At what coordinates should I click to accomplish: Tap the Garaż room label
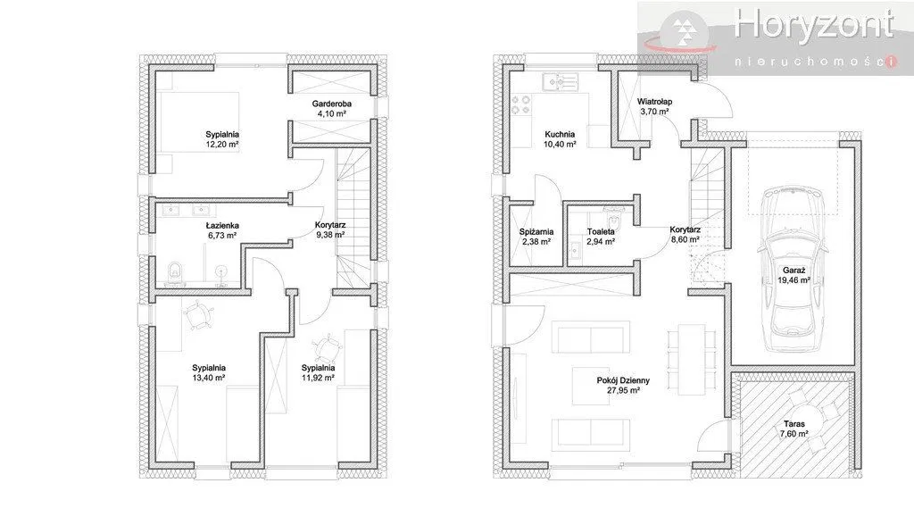click(x=794, y=270)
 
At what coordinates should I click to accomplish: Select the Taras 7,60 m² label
click(x=794, y=429)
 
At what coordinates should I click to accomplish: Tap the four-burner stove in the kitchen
click(x=520, y=105)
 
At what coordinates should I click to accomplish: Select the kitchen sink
click(x=559, y=82)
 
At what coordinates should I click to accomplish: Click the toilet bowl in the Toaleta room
click(x=612, y=220)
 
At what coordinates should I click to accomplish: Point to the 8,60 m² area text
click(x=685, y=239)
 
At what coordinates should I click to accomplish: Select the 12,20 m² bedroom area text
click(x=222, y=144)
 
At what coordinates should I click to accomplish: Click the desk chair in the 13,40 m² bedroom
click(x=197, y=315)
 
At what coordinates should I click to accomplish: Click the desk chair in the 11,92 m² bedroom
click(x=328, y=347)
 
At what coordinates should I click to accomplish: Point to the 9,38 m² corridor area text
click(x=330, y=235)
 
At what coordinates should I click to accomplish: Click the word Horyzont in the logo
click(x=814, y=24)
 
